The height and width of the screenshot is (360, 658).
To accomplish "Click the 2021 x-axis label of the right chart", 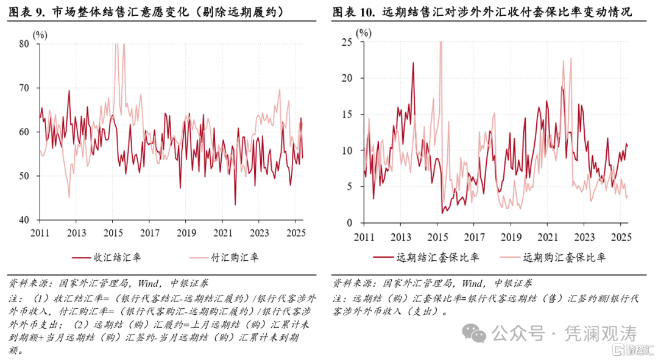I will tap(548, 237).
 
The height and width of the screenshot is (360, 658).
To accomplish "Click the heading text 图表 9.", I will tap(27, 12).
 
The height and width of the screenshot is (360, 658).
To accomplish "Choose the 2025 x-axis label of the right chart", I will tap(621, 237).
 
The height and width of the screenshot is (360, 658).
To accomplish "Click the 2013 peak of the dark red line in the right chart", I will tap(413, 63).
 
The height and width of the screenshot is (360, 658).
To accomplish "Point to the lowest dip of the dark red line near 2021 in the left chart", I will tap(235, 204).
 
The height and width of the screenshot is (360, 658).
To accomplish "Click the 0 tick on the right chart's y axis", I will tap(351, 223).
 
